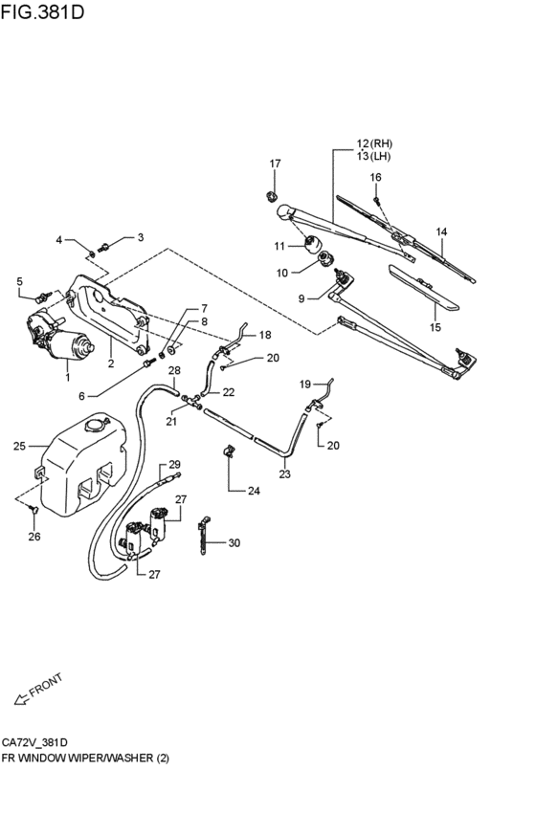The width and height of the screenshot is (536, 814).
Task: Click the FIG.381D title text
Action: [x=42, y=11]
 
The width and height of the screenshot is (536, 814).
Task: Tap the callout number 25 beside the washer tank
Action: [x=20, y=446]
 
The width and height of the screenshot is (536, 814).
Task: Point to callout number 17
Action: [x=275, y=164]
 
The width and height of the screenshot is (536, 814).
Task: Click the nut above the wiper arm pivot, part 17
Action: [x=271, y=197]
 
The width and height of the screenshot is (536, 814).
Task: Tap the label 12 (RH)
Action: [x=374, y=143]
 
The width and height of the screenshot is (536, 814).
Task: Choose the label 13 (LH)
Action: [x=373, y=156]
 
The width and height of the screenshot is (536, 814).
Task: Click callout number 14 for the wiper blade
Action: [x=441, y=231]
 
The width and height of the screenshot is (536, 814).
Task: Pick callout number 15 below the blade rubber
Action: [x=435, y=327]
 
